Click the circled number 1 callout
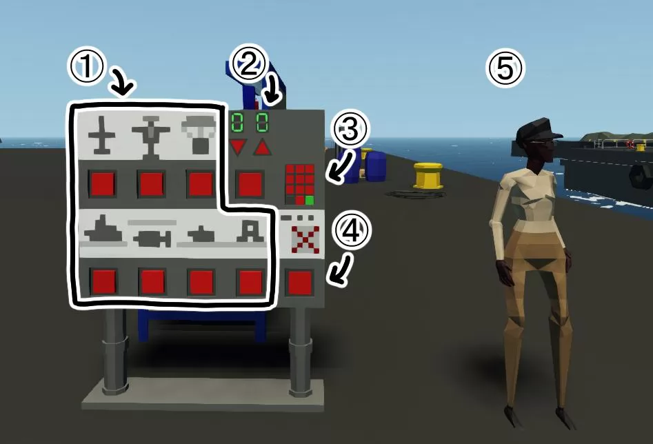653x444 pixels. (x=87, y=67)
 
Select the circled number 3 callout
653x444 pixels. (x=349, y=128)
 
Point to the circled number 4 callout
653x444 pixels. (x=352, y=230)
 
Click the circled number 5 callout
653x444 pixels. (x=505, y=68)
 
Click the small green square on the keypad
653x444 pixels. (x=310, y=201)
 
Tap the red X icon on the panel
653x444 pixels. (x=305, y=239)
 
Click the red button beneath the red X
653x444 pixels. (x=300, y=283)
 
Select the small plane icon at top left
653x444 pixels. (x=101, y=135)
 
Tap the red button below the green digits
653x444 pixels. (x=250, y=183)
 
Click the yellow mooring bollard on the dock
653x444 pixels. (x=428, y=175)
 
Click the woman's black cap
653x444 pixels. (x=537, y=129)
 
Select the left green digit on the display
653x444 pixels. (x=237, y=123)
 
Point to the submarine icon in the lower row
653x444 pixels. (x=201, y=234)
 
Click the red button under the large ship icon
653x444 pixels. (x=103, y=281)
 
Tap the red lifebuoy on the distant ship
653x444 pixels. (x=630, y=145)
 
